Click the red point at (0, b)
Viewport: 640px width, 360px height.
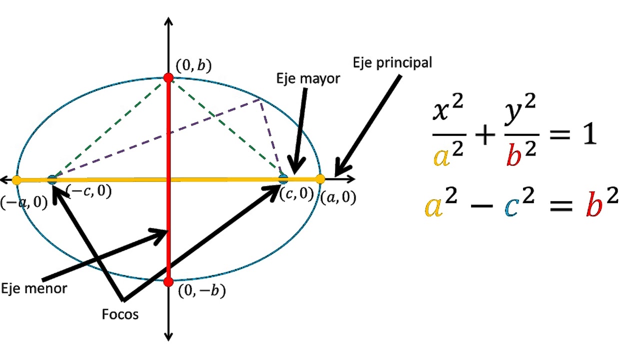tap(168, 77)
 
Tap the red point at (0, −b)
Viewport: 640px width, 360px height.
tap(168, 281)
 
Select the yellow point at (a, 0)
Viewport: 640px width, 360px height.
tap(320, 179)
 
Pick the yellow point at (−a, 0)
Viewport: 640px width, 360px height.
tap(17, 180)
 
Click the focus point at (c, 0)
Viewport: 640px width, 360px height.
tap(283, 178)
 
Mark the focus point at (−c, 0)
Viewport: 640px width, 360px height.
tap(52, 180)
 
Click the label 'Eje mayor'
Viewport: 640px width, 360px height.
tap(308, 78)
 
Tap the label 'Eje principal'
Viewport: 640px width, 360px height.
tap(392, 63)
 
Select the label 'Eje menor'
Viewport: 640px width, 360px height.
tap(34, 288)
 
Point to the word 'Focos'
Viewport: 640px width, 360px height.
tap(120, 314)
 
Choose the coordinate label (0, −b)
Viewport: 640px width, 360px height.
tap(201, 290)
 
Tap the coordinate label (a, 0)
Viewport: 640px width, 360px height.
tap(338, 198)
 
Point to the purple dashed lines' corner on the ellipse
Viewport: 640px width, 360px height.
tap(260, 99)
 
